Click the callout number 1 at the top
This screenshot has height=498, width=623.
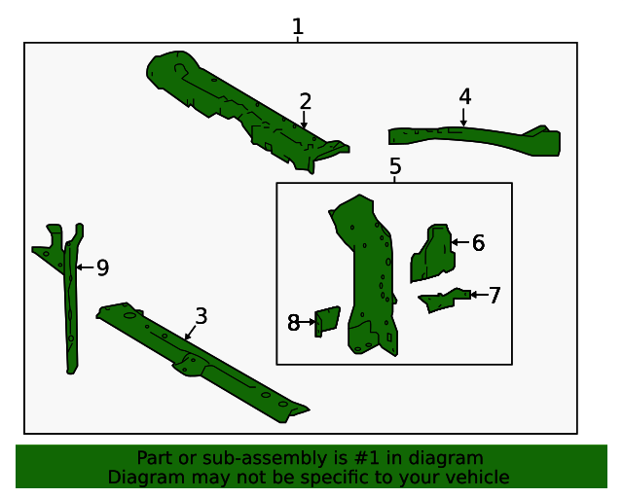[x=298, y=27]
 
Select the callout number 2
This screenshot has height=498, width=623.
[x=306, y=101]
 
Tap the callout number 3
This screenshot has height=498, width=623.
[x=201, y=316]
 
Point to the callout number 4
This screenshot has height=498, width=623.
[x=465, y=96]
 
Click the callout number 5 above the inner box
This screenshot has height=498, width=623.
[x=395, y=166]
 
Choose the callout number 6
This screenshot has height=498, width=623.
[x=478, y=243]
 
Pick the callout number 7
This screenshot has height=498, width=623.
[x=495, y=296]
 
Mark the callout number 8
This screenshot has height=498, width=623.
[x=293, y=323]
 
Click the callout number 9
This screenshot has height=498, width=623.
[x=102, y=267]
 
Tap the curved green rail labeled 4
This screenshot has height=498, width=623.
[x=477, y=138]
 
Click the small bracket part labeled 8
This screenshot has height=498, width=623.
[x=327, y=320]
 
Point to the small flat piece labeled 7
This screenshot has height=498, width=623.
[x=444, y=299]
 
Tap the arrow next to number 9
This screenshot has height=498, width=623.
[x=84, y=267]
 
